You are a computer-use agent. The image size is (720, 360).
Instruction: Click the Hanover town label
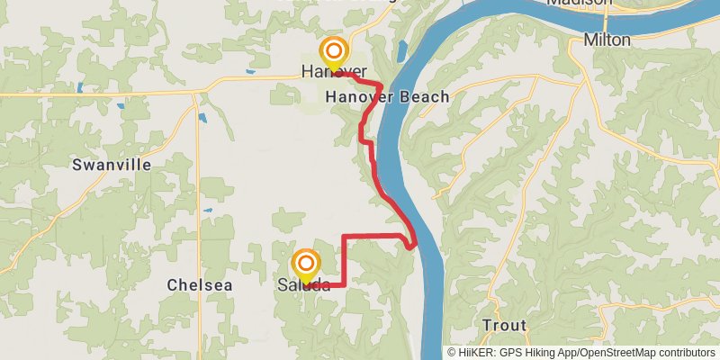[334, 71]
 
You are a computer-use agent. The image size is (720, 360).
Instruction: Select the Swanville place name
[112, 165]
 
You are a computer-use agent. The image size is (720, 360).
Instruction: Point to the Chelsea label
[200, 284]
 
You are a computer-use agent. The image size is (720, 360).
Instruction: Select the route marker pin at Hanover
[334, 51]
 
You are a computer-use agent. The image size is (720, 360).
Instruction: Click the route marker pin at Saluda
[306, 265]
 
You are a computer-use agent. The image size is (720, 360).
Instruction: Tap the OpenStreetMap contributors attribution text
[647, 353]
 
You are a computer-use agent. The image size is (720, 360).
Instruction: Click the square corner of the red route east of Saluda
[345, 284]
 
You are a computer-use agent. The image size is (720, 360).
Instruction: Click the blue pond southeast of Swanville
[202, 117]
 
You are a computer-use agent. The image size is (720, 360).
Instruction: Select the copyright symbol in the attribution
[453, 353]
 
